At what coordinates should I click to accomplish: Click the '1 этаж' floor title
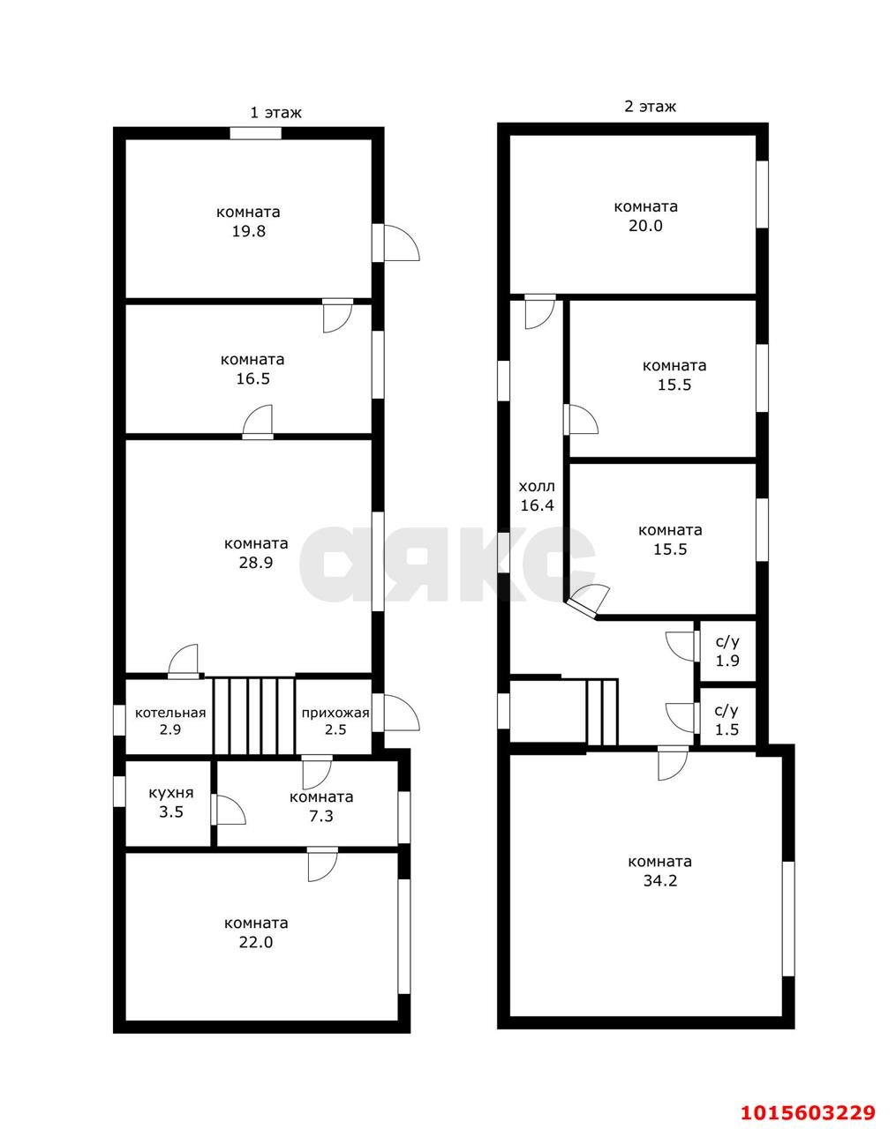pyautogui.click(x=275, y=113)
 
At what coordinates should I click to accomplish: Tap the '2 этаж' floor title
pyautogui.click(x=650, y=107)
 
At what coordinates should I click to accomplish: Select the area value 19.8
pyautogui.click(x=249, y=231)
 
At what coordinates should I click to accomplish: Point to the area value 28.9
pyautogui.click(x=256, y=563)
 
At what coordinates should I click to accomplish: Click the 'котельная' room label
pyautogui.click(x=170, y=713)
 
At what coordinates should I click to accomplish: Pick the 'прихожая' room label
pyautogui.click(x=335, y=714)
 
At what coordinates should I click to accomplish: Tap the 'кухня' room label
pyautogui.click(x=171, y=793)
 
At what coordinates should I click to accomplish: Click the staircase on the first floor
pyautogui.click(x=254, y=716)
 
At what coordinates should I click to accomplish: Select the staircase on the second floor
pyautogui.click(x=602, y=712)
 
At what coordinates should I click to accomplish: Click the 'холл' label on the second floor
pyautogui.click(x=537, y=486)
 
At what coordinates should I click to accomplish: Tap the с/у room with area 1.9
pyautogui.click(x=728, y=651)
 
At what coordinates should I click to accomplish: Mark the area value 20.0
pyautogui.click(x=646, y=226)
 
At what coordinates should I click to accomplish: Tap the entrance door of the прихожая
pyautogui.click(x=395, y=713)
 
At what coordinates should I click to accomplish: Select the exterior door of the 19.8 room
pyautogui.click(x=395, y=243)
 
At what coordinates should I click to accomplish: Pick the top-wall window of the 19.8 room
pyautogui.click(x=256, y=133)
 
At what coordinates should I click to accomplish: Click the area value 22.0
pyautogui.click(x=256, y=943)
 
